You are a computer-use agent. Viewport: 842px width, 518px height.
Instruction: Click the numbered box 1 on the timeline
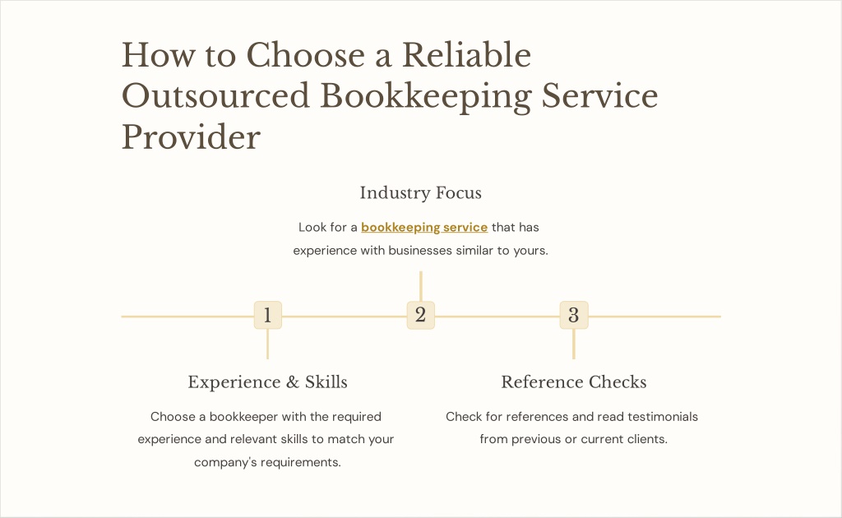[267, 315]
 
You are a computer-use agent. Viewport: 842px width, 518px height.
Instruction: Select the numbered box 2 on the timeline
[420, 315]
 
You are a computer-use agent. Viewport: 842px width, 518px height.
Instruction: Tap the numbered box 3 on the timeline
[573, 315]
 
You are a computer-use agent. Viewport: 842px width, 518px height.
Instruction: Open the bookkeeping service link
[424, 228]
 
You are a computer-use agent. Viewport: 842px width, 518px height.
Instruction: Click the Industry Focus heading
[420, 192]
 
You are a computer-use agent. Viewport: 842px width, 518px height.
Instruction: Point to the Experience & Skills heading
[267, 382]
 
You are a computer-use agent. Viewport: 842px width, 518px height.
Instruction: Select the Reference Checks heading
[573, 382]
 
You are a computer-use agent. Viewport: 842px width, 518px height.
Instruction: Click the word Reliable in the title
[467, 55]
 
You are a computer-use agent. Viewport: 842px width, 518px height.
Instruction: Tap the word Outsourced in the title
[216, 95]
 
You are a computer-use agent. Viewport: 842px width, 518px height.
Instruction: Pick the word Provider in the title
[191, 136]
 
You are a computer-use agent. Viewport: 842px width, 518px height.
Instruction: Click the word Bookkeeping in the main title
[426, 97]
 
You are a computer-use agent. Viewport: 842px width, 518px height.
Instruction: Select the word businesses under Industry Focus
[420, 250]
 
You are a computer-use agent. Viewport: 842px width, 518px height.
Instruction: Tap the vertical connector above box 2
[420, 286]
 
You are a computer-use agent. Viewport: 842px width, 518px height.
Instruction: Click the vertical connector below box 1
[267, 344]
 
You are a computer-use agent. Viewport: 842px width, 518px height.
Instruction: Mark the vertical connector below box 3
[573, 344]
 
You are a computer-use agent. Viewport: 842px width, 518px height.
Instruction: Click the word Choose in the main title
[306, 55]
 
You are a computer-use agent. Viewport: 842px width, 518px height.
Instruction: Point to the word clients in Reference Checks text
[650, 439]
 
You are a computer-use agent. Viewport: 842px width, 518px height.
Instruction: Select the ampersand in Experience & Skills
[293, 382]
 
